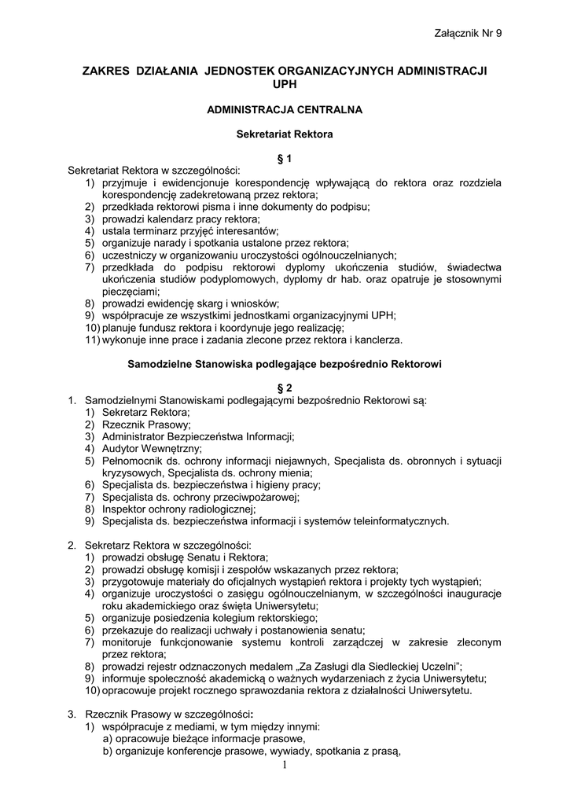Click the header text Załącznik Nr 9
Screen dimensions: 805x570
click(467, 32)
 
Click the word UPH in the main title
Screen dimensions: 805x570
click(285, 83)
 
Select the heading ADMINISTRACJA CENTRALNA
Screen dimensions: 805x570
click(285, 109)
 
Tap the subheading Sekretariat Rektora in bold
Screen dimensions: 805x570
click(285, 134)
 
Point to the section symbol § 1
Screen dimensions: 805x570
click(285, 159)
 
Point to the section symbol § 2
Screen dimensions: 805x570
click(285, 388)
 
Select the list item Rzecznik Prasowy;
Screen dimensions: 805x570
click(146, 425)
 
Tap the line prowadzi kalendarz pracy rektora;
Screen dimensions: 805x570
click(180, 219)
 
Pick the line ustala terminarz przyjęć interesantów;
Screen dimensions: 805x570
click(189, 231)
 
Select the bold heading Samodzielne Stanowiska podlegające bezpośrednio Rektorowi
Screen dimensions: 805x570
click(285, 364)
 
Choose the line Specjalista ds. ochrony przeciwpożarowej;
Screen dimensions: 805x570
click(200, 497)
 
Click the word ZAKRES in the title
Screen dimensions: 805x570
click(108, 71)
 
